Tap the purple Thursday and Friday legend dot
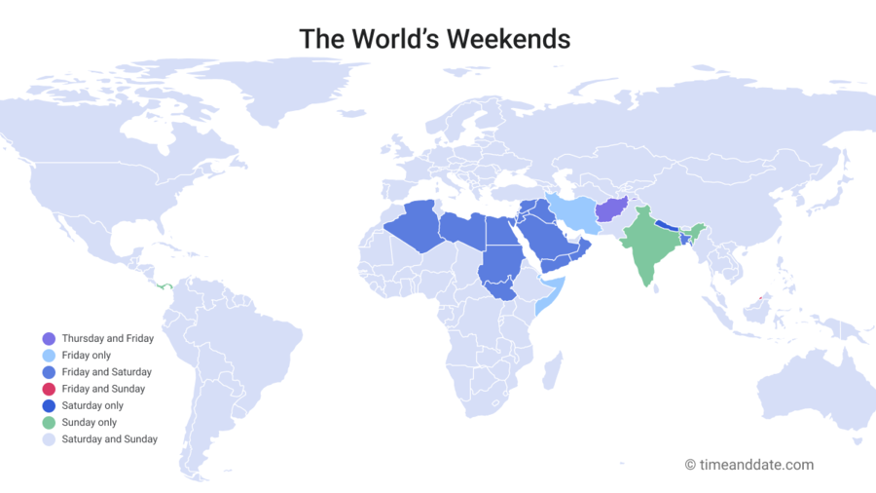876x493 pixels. (49, 338)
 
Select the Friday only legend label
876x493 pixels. (86, 356)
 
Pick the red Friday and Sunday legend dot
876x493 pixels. (49, 389)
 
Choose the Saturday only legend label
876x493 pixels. (91, 405)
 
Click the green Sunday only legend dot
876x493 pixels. (49, 423)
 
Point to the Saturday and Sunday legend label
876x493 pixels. (109, 439)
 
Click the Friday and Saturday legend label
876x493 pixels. (106, 372)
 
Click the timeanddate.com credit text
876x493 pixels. (748, 465)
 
